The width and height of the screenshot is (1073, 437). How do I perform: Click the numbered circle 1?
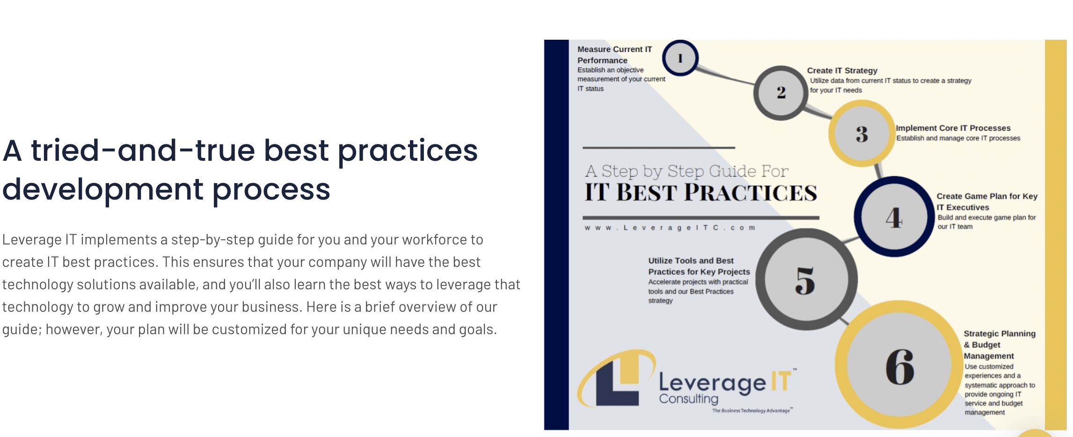click(x=680, y=58)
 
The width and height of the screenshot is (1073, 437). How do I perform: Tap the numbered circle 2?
click(x=781, y=93)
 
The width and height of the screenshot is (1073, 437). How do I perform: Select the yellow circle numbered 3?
click(x=861, y=134)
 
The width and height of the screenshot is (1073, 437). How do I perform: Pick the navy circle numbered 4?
click(x=894, y=217)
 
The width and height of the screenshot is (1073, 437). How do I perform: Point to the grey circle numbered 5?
click(x=806, y=279)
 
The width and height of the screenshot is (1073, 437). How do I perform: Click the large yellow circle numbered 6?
click(x=899, y=365)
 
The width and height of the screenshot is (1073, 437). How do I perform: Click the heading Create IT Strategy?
click(x=842, y=71)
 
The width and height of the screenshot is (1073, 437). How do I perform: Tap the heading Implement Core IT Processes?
click(x=953, y=128)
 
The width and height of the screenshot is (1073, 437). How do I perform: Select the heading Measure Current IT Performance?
click(x=614, y=55)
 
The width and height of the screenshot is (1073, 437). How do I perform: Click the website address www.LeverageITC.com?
click(x=670, y=228)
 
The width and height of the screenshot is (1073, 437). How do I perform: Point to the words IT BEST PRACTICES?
click(x=701, y=193)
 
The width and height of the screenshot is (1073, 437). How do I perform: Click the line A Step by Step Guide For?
click(x=686, y=171)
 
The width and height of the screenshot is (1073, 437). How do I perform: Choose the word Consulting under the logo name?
click(x=688, y=399)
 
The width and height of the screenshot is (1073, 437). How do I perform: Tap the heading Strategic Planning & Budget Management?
click(x=999, y=344)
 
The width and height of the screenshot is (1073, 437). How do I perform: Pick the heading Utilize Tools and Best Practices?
click(x=699, y=266)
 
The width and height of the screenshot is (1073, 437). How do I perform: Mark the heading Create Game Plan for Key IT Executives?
click(x=986, y=201)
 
